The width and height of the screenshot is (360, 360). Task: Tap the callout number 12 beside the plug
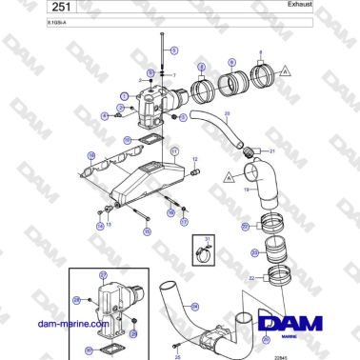point(195,160)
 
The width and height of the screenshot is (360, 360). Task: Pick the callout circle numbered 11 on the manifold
point(174,151)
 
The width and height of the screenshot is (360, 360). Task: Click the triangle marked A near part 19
point(230,176)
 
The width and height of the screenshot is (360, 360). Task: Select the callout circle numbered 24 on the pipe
point(195,306)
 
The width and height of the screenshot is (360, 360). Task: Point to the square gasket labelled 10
point(149,140)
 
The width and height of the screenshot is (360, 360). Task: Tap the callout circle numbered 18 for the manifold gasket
point(90,154)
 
